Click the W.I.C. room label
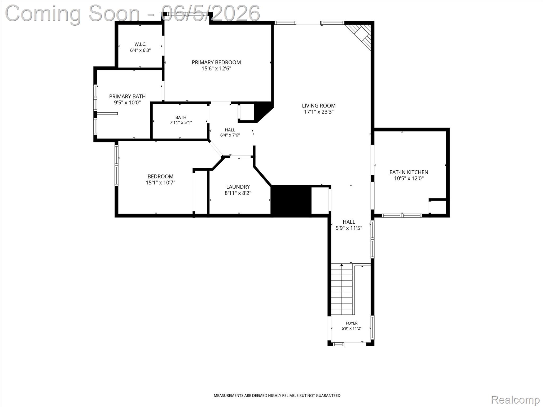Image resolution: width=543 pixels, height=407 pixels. pos(140,44)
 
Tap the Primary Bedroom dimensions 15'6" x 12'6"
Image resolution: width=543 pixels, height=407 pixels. pos(216,69)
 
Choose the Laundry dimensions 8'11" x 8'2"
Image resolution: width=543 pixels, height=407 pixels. pos(238,193)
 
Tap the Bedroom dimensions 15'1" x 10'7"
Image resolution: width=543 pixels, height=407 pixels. pos(160,183)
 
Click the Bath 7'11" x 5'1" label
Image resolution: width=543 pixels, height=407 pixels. pos(181,120)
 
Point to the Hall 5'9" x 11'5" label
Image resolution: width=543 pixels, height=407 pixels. pos(349,225)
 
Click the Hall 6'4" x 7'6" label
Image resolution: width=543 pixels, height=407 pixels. pos(230,132)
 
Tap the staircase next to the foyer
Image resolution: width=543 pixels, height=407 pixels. pos(342,289)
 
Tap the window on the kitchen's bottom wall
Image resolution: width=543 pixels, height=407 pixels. pos(402,215)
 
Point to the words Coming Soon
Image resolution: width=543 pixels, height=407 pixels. pos(72,13)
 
